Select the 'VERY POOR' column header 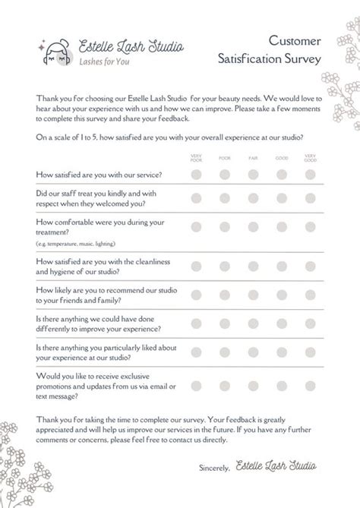[x=197, y=157]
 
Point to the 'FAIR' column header [x=252, y=157]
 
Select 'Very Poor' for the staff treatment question [x=197, y=199]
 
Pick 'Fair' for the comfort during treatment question [x=252, y=226]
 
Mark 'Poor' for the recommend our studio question [x=225, y=295]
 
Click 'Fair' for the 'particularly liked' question [x=252, y=354]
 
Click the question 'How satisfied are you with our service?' [x=98, y=175]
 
